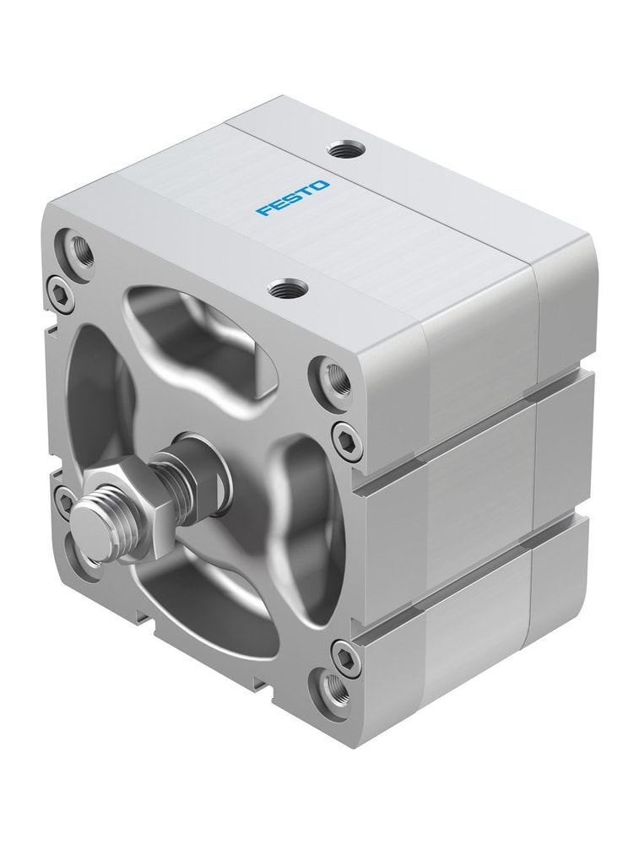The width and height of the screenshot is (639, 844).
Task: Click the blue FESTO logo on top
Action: (x=294, y=197)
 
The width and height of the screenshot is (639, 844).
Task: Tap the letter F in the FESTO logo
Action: (x=264, y=210)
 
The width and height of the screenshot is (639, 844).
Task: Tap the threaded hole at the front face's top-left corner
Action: (x=80, y=249)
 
